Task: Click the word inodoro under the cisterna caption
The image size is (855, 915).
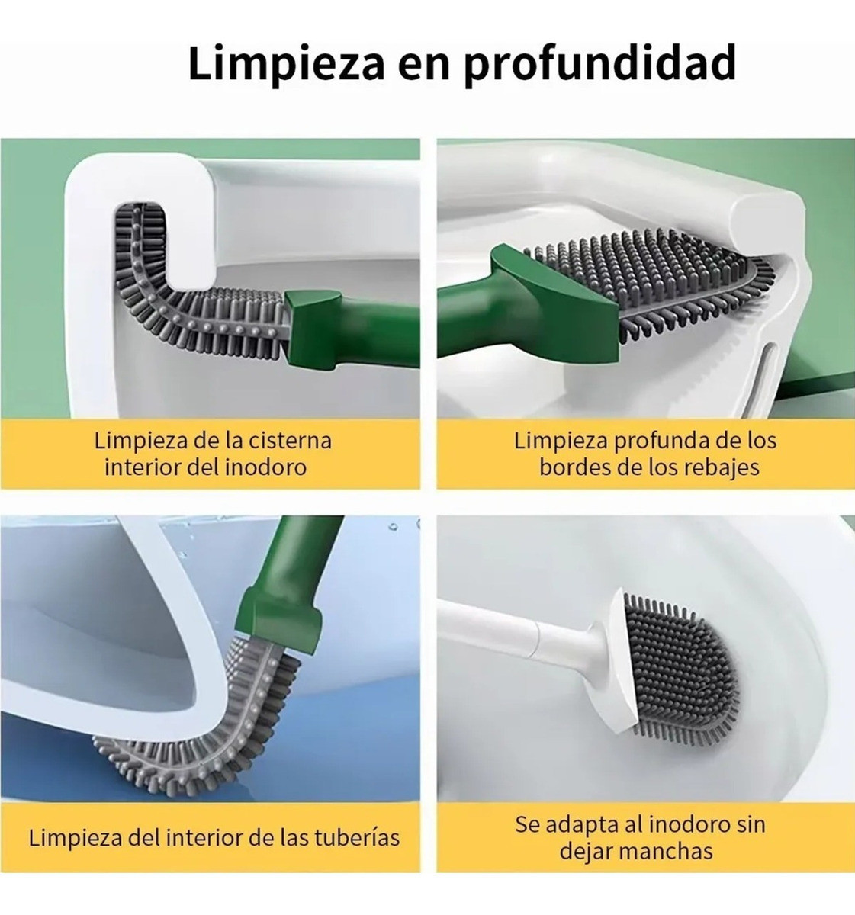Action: coord(265,467)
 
